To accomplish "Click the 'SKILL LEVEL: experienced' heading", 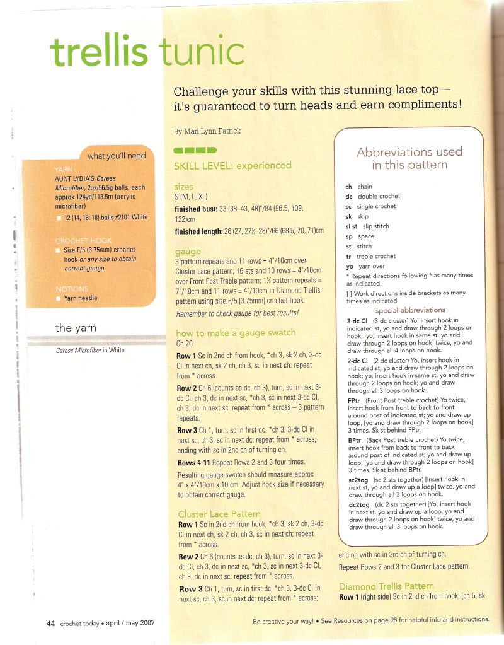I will pyautogui.click(x=232, y=166).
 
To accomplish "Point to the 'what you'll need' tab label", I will pyautogui.click(x=117, y=156).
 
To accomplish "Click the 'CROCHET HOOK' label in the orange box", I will pyautogui.click(x=79, y=241).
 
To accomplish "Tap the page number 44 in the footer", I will pyautogui.click(x=51, y=624).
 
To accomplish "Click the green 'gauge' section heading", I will pyautogui.click(x=188, y=252).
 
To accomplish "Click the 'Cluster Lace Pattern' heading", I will pyautogui.click(x=219, y=514).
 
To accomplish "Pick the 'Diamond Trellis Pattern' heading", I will pyautogui.click(x=386, y=586).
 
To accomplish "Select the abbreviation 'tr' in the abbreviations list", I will pyautogui.click(x=349, y=256).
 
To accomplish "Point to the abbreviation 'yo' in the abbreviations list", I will pyautogui.click(x=349, y=267).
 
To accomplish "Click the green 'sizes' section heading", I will pyautogui.click(x=185, y=187).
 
